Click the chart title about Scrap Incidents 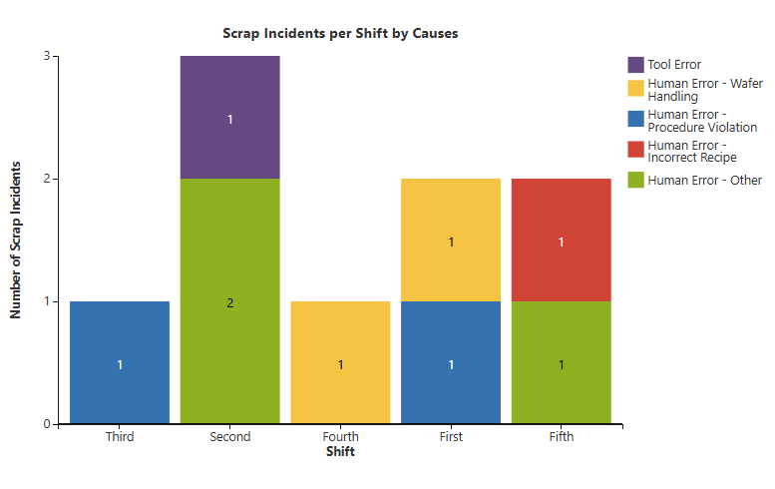tap(340, 33)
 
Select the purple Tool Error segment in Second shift tap(229, 118)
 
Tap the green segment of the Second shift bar tap(229, 301)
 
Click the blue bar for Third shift tap(120, 362)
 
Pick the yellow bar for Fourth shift tap(340, 362)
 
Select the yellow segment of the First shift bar tap(451, 240)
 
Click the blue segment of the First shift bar tap(451, 362)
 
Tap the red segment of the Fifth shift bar tap(561, 240)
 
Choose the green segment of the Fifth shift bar tap(561, 362)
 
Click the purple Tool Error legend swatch tap(635, 65)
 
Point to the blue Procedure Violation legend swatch tap(635, 120)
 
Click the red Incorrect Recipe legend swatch tap(635, 150)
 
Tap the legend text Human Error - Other tap(704, 181)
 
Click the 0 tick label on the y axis tap(47, 424)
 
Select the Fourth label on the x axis tap(340, 437)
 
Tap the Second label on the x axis tap(229, 437)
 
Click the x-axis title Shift tap(340, 452)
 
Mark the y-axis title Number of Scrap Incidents tap(16, 240)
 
